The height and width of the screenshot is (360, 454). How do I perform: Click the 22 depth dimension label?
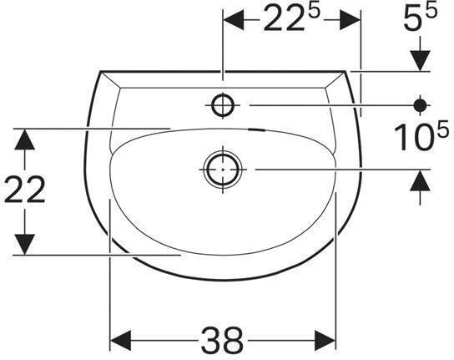(25, 190)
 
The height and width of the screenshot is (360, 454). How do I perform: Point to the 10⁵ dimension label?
(416, 137)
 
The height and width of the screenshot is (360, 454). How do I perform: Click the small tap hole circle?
(224, 104)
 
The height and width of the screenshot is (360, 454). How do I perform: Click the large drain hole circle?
(222, 168)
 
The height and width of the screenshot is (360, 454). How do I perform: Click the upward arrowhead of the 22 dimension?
(26, 139)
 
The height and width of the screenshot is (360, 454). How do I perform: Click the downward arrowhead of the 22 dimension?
(26, 244)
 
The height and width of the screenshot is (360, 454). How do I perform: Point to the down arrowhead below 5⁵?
(421, 61)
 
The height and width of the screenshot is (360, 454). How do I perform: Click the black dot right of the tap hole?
(421, 104)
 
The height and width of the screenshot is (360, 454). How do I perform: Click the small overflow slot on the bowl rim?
(259, 131)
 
